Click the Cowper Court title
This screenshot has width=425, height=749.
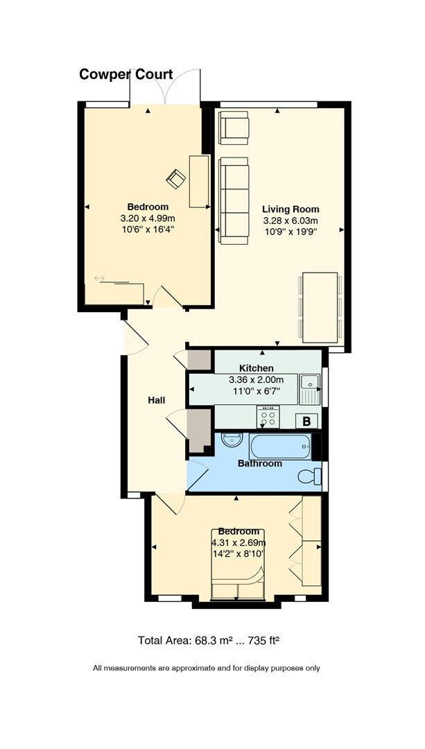coord(126,74)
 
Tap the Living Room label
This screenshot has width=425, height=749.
coord(290,209)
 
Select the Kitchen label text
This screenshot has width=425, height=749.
coord(257,368)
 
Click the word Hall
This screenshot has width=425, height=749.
coord(157,400)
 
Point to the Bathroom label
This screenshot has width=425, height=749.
coord(260,463)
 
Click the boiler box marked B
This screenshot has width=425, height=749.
coord(307,421)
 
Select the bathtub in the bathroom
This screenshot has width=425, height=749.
coord(280,446)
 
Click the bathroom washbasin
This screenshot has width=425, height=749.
coord(232,438)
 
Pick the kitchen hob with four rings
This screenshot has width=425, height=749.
coord(268,417)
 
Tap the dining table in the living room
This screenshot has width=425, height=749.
coord(320,308)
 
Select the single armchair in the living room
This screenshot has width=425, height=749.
coord(234,128)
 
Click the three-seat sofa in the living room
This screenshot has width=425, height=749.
coord(234,200)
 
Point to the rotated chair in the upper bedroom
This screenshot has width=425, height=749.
coord(175,179)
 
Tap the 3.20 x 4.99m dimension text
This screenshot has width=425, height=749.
coord(148,218)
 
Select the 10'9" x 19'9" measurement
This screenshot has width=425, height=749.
coord(290,232)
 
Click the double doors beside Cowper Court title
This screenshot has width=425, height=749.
coord(165,87)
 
